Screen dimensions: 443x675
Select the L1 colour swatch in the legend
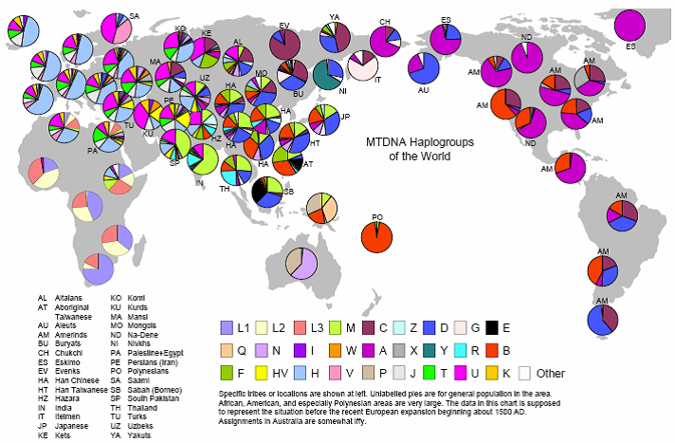(227, 327)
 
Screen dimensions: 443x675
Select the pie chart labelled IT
(363, 66)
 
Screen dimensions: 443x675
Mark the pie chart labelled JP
(323, 122)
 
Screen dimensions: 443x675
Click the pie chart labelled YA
(334, 36)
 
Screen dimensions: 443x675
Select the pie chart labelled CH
(385, 41)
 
